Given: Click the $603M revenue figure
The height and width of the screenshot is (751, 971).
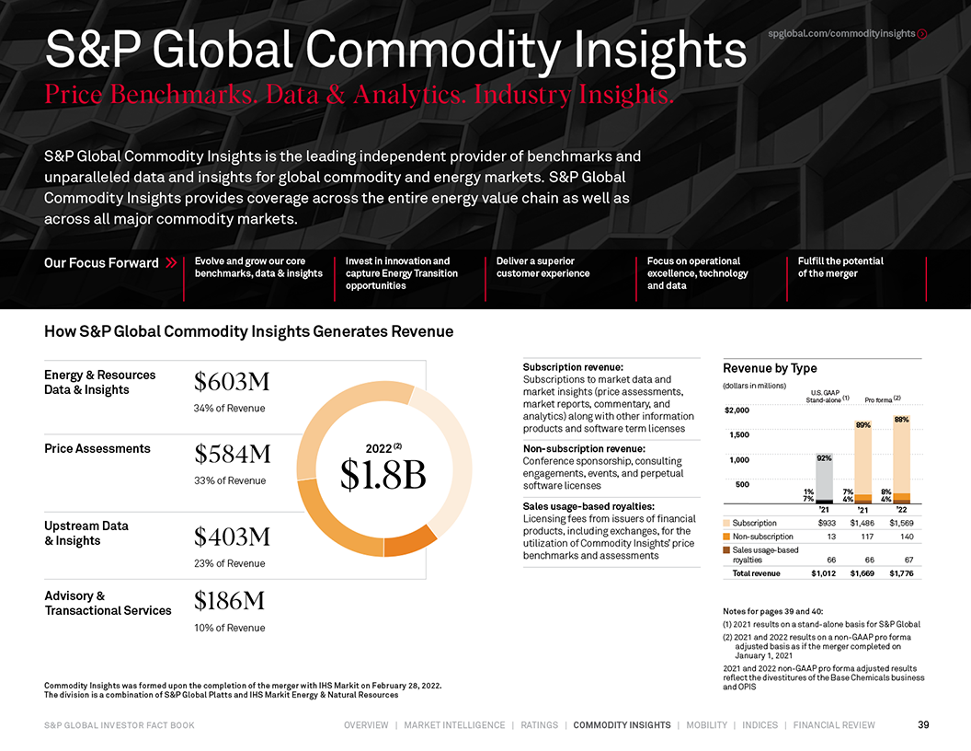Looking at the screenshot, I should coord(232,382).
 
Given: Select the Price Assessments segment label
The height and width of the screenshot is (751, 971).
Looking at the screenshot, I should coord(97,448).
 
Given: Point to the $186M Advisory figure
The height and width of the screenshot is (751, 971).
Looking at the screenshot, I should coord(230,602).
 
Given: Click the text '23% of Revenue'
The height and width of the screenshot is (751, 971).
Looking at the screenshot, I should coord(229,563).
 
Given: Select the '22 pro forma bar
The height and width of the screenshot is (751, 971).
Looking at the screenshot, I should coord(901,460).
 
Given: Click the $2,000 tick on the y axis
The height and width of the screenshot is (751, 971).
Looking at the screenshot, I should coord(737,410).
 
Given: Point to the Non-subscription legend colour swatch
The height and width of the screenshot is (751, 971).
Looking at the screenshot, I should coord(727,537).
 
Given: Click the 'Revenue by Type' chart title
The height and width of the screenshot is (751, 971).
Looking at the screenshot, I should coord(770,368).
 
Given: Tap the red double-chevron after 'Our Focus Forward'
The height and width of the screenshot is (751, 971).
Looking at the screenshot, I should coord(172,263).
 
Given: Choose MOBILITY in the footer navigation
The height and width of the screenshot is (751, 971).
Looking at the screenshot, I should coord(706,725).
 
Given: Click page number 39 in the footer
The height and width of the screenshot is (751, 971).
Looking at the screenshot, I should coord(923,725).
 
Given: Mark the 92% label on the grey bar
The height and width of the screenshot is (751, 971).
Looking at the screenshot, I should coord(825,457).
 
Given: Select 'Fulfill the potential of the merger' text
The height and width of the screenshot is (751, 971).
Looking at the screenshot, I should coord(840,267).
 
